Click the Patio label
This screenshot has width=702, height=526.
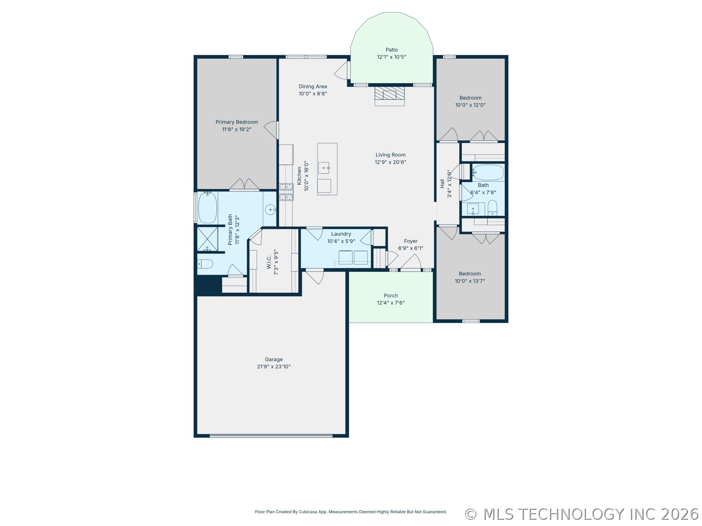pos(392,50)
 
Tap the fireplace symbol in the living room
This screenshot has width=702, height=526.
pos(389,96)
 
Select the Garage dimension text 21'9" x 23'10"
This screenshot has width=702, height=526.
pos(274,367)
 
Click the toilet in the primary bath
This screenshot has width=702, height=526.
pos(205,264)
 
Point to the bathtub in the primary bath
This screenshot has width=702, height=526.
pos(207,208)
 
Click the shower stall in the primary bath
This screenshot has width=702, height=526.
pos(207,239)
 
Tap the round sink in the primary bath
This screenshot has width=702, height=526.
pos(271,210)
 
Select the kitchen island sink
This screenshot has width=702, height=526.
pos(324,168)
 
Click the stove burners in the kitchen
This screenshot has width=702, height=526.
pos(286,192)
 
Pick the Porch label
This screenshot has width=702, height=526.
pos(391,296)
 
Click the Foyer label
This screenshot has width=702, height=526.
pos(410,241)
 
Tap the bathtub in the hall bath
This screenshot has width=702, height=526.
pos(488,172)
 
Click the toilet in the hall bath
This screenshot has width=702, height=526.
pos(493,208)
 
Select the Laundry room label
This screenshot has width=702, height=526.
pos(341,234)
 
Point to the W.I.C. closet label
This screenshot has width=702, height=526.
pos(269,262)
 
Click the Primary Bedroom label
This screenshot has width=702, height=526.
pos(237,122)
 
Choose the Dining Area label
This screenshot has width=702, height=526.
pos(313,86)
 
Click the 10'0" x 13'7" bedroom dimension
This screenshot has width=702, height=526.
pos(470,281)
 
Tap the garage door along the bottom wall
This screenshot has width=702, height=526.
pos(271,436)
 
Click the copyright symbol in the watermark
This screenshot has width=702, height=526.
pos(471,514)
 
